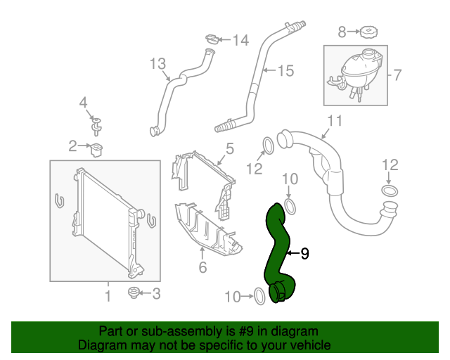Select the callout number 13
tap(157, 64)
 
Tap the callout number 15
tap(284, 70)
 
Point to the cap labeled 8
tap(367, 32)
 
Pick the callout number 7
tap(396, 74)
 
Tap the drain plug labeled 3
tap(133, 292)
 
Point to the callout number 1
tap(108, 296)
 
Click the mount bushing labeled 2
tap(96, 148)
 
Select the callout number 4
tap(83, 103)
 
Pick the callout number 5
tap(229, 148)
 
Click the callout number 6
tap(202, 267)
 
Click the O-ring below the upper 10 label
tap(292, 206)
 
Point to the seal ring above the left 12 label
tap(267, 146)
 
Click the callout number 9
tap(304, 253)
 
